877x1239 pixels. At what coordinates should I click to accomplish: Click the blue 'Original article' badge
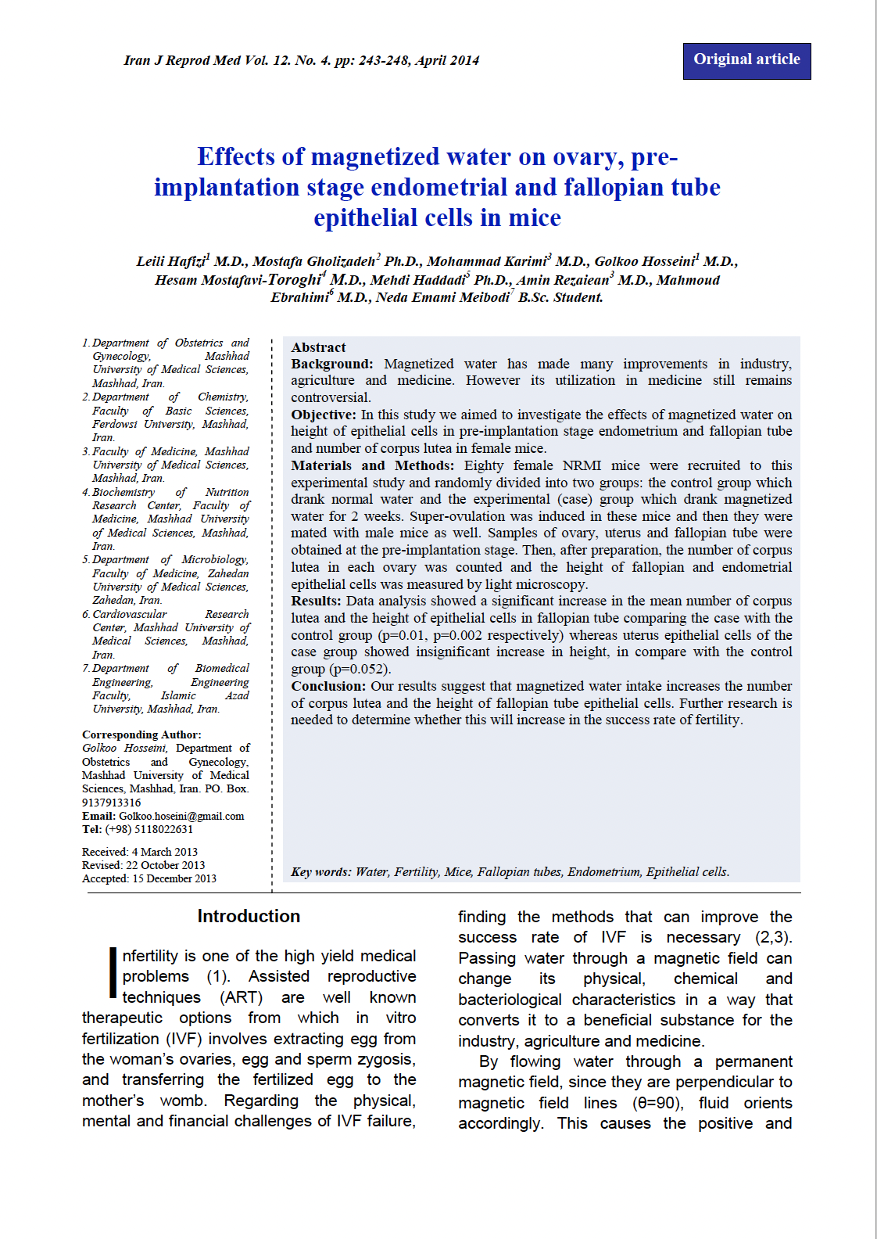[x=746, y=60]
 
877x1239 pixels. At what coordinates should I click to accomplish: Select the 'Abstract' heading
[x=318, y=347]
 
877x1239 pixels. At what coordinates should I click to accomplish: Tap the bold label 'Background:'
[x=332, y=364]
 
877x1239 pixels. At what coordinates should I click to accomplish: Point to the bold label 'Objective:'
[x=324, y=415]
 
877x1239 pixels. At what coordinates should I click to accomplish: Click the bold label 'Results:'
[x=316, y=601]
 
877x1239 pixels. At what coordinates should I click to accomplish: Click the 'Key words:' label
[x=321, y=871]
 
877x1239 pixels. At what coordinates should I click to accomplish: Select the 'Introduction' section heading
[x=249, y=916]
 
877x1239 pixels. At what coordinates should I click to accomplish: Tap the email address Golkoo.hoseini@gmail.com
[x=181, y=816]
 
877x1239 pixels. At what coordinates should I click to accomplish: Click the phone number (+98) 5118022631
[x=149, y=829]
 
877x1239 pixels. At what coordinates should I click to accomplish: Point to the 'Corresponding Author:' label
[x=141, y=734]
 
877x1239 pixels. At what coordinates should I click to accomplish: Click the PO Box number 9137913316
[x=112, y=803]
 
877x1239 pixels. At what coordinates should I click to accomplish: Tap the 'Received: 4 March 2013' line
[x=140, y=852]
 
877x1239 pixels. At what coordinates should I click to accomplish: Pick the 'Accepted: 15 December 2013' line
[x=149, y=878]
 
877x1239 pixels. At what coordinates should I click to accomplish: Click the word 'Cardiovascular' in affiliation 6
[x=130, y=614]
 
